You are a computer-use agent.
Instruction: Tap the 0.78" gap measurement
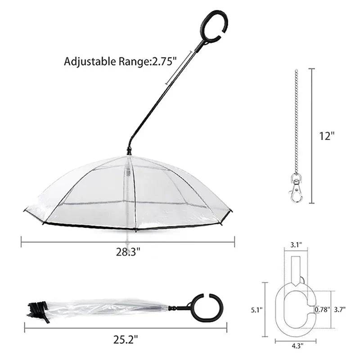point(322,310)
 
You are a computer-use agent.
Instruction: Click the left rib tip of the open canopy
point(26,211)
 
